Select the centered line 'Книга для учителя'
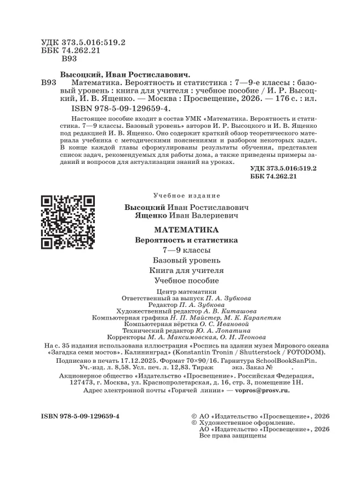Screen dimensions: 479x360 click(186, 271)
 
